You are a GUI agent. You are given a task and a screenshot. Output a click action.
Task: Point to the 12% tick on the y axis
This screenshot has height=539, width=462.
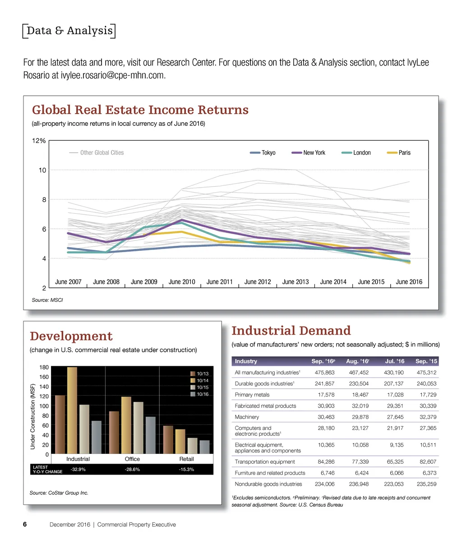[39, 141]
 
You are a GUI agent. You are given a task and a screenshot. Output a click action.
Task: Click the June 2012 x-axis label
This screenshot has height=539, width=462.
[257, 282]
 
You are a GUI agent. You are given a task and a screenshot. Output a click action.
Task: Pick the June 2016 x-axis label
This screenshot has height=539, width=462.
[409, 282]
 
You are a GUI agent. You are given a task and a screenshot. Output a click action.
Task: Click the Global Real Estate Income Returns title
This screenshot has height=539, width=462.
[140, 110]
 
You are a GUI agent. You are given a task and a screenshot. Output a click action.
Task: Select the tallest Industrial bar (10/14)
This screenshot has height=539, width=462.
[72, 410]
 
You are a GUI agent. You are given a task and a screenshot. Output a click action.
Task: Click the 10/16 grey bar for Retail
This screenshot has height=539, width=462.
[204, 447]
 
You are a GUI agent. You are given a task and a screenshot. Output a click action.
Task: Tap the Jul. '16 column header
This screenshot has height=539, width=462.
[394, 361]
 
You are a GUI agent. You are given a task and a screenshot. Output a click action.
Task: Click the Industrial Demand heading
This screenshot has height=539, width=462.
[291, 331]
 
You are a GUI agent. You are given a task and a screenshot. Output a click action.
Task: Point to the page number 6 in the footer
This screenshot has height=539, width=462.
[25, 525]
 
